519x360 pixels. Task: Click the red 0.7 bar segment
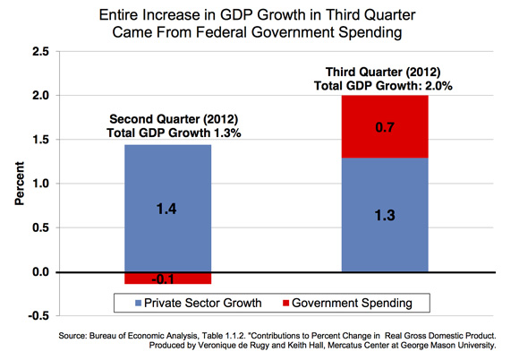click(385, 126)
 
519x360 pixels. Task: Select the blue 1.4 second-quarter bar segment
click(168, 209)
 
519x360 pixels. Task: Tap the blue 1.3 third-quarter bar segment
click(385, 215)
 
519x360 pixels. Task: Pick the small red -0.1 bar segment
click(168, 279)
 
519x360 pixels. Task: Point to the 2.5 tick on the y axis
click(40, 52)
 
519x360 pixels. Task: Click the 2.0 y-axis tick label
click(40, 96)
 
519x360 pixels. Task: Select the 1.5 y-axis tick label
click(40, 140)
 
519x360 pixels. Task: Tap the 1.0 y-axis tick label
click(40, 184)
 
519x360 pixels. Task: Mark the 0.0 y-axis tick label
click(40, 272)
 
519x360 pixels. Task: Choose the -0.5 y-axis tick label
click(38, 315)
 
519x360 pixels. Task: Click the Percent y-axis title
click(20, 184)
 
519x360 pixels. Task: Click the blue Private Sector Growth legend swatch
click(139, 303)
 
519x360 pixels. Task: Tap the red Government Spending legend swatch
click(286, 303)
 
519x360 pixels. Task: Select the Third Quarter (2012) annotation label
click(383, 72)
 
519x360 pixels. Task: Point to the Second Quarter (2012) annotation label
click(174, 119)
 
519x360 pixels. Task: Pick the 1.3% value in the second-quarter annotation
click(226, 133)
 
